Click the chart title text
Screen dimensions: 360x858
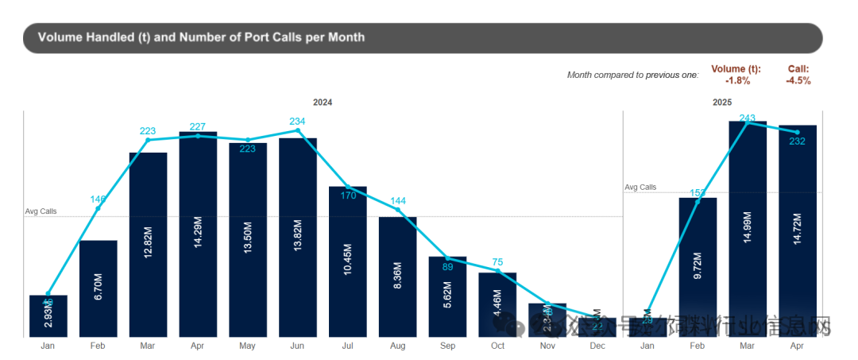(201, 37)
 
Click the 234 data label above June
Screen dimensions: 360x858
(297, 121)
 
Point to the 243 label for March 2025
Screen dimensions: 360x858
(748, 118)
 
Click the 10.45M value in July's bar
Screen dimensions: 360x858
(348, 261)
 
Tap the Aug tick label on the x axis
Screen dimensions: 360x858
(398, 346)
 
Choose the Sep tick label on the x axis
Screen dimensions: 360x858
(448, 346)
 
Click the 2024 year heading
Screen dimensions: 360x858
(323, 103)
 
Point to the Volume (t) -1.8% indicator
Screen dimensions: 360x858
(736, 75)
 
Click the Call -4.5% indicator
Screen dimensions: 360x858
(798, 75)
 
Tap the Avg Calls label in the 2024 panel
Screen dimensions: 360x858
(41, 211)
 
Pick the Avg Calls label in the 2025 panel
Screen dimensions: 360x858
(640, 188)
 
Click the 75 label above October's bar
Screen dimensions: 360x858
(498, 262)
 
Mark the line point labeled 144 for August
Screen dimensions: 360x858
(398, 212)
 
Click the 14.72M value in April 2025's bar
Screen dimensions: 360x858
(798, 230)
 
